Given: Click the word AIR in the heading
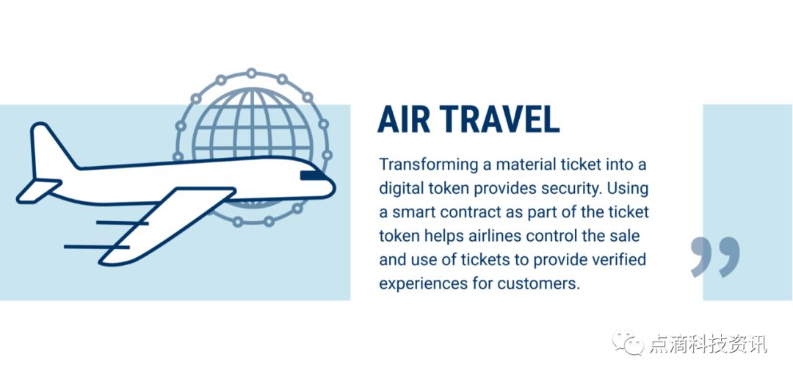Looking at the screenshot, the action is (404, 120).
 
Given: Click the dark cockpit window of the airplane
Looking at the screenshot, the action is (313, 176).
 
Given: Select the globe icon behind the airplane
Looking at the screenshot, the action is (253, 147).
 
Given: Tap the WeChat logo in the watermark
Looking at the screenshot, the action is (628, 342).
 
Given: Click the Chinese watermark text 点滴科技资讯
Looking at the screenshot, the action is (708, 344).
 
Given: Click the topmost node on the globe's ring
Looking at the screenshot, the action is (251, 73).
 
